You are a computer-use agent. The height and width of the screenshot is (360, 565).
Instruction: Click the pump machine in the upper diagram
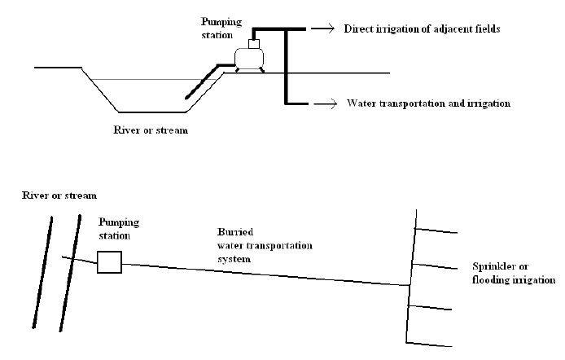point(248,56)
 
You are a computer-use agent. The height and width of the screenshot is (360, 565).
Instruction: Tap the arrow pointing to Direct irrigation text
point(323,29)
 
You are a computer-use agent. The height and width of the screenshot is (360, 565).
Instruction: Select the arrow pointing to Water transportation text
point(325,103)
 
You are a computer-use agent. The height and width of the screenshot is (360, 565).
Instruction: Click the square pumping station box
point(109,261)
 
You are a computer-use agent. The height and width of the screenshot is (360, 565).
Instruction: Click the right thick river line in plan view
point(72,273)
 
